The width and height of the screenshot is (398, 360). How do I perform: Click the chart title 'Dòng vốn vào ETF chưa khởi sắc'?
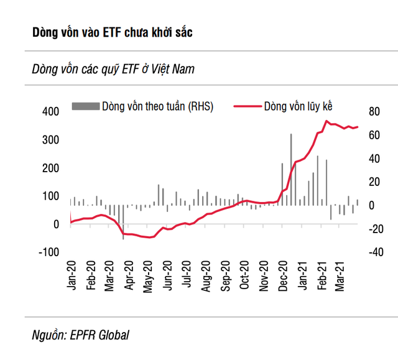point(112,32)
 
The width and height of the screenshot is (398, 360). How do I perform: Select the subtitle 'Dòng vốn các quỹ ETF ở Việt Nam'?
point(113,69)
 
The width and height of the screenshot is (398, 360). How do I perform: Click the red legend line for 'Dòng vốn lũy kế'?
point(246,106)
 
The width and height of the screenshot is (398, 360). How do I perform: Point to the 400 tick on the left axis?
point(50,112)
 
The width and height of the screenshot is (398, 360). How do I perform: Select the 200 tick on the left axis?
point(50,168)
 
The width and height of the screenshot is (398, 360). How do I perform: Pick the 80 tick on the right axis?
point(374,112)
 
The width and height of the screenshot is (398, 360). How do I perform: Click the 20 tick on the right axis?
point(374,182)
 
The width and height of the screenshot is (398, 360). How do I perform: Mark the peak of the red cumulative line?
point(326,121)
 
